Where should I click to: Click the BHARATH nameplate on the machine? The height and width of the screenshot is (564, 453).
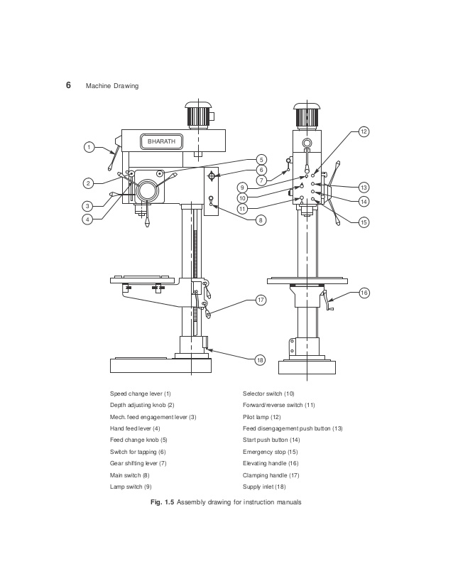click(161, 141)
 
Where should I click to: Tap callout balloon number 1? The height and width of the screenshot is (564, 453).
click(88, 147)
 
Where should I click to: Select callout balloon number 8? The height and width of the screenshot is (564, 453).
click(261, 220)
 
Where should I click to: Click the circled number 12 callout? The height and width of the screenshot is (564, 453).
click(363, 131)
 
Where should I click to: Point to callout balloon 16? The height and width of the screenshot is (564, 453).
click(364, 293)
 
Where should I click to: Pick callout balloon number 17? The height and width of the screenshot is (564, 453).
click(261, 300)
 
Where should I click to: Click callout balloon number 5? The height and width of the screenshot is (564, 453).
click(261, 159)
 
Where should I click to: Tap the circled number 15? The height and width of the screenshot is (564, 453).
click(364, 222)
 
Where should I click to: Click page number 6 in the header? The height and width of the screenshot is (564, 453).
click(69, 85)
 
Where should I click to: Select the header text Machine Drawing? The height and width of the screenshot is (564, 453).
click(111, 86)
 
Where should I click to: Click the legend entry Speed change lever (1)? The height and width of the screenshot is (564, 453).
click(140, 393)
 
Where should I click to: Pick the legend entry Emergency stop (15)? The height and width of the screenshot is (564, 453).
click(270, 452)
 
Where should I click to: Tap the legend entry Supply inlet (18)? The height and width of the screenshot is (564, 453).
click(264, 487)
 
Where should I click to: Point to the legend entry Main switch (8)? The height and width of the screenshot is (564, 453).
click(129, 475)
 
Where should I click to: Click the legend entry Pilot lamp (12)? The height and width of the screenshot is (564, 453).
click(262, 417)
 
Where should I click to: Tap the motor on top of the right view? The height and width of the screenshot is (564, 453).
click(307, 115)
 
